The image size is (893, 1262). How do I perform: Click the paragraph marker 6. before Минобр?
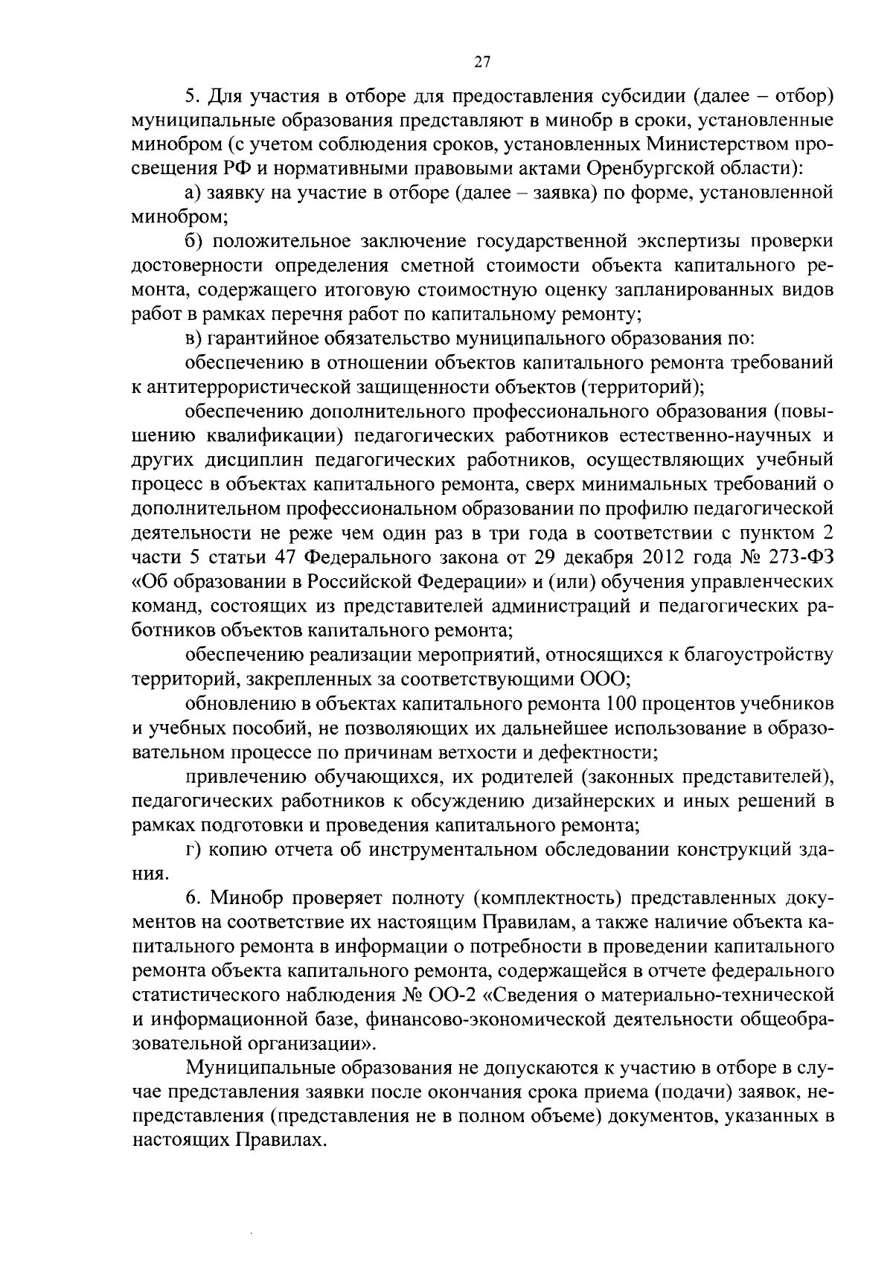tap(193, 898)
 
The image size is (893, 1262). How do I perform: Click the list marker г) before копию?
tap(193, 850)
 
